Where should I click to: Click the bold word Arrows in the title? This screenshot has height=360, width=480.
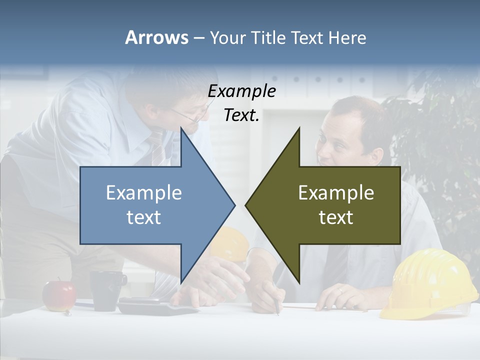pyautogui.click(x=156, y=37)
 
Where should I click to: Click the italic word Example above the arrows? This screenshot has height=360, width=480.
pyautogui.click(x=241, y=91)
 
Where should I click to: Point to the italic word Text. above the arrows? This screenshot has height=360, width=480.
pyautogui.click(x=241, y=115)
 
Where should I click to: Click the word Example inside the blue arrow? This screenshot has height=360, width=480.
pyautogui.click(x=144, y=193)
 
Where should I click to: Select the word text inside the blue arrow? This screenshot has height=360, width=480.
pyautogui.click(x=144, y=217)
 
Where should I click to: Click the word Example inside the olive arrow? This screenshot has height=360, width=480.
pyautogui.click(x=336, y=193)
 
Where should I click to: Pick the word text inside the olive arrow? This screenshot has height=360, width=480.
pyautogui.click(x=336, y=217)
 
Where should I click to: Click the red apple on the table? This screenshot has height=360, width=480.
pyautogui.click(x=59, y=295)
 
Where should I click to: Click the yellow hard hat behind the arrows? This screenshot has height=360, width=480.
pyautogui.click(x=235, y=242)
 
